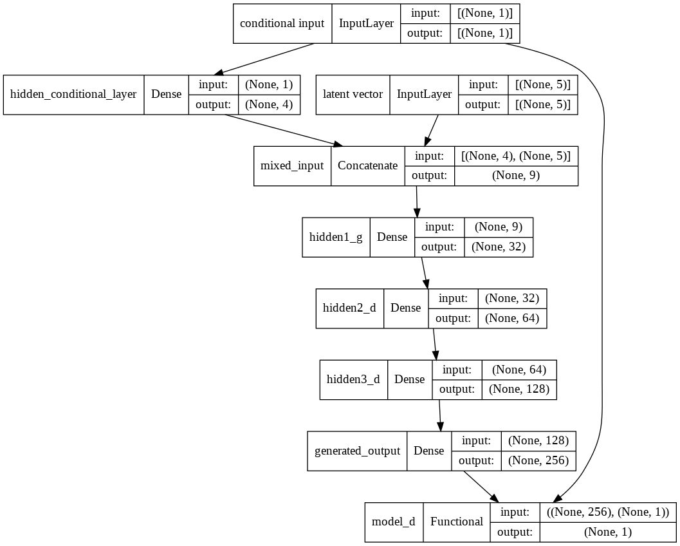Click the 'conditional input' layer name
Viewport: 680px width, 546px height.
pyautogui.click(x=282, y=23)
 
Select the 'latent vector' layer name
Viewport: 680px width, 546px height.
pyautogui.click(x=353, y=94)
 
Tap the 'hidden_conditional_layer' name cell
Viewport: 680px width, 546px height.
pyautogui.click(x=73, y=94)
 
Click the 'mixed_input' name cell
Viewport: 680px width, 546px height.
pyautogui.click(x=292, y=165)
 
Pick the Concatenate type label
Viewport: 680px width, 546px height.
pyautogui.click(x=367, y=165)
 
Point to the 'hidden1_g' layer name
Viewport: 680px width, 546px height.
pyautogui.click(x=336, y=237)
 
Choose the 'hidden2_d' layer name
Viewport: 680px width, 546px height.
pyautogui.click(x=349, y=308)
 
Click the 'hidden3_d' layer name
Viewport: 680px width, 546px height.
pyautogui.click(x=353, y=379)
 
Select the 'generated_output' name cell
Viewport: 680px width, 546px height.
pyautogui.click(x=357, y=451)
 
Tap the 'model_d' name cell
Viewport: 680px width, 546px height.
pyautogui.click(x=393, y=522)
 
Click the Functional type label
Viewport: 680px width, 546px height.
pyautogui.click(x=456, y=522)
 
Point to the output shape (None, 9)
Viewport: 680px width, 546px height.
pyautogui.click(x=516, y=175)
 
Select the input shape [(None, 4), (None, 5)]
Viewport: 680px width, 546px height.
pyautogui.click(x=516, y=156)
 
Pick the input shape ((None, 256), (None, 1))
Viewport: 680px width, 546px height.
pyautogui.click(x=607, y=512)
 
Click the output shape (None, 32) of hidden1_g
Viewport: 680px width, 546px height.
pyautogui.click(x=499, y=247)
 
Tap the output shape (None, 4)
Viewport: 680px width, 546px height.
pyautogui.click(x=269, y=104)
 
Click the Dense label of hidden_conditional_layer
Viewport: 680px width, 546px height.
pyautogui.click(x=166, y=94)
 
